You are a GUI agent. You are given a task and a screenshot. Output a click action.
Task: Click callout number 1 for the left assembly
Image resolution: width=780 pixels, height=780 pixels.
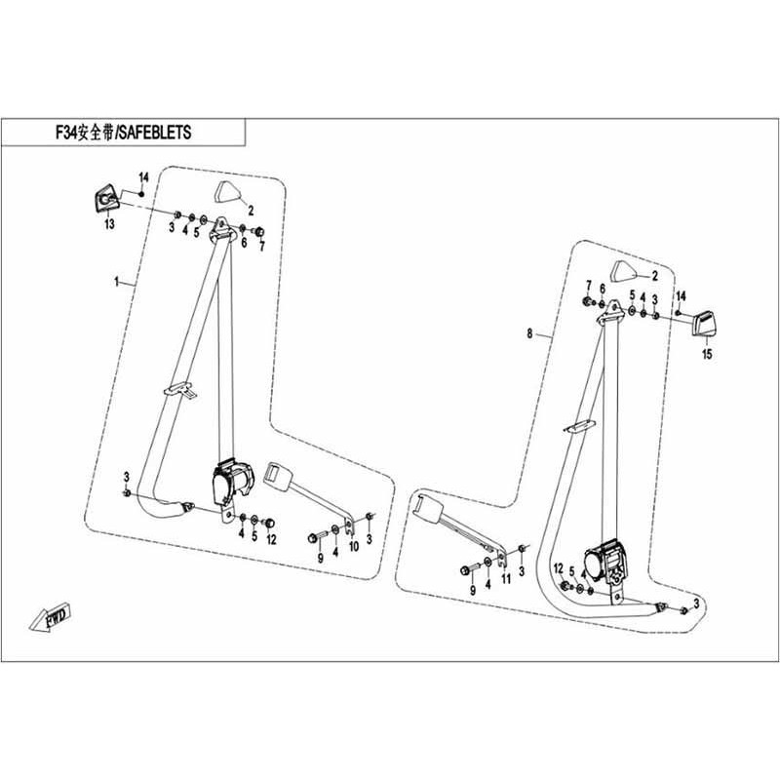pos(116,282)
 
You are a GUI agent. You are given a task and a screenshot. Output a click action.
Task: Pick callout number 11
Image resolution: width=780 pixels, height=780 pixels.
pos(505,579)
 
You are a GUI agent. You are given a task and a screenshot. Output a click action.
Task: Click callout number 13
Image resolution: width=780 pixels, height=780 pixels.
pos(109,224)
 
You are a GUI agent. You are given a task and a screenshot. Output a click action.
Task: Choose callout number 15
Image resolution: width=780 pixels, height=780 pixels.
pos(708,355)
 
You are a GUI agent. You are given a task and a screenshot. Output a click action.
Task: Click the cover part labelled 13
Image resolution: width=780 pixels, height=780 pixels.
pos(104,199)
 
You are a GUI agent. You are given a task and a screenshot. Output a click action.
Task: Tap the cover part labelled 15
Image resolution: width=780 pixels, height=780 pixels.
pos(705,320)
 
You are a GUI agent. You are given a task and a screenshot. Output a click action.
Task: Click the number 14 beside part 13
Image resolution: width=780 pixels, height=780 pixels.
pos(142,176)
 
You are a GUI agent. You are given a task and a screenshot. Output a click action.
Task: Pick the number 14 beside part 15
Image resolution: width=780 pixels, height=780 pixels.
pos(682,295)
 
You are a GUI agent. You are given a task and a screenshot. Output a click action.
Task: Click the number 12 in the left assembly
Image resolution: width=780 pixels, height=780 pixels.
pos(271,539)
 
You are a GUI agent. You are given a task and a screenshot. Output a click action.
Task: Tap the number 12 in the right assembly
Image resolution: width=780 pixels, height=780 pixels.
pos(559,568)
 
